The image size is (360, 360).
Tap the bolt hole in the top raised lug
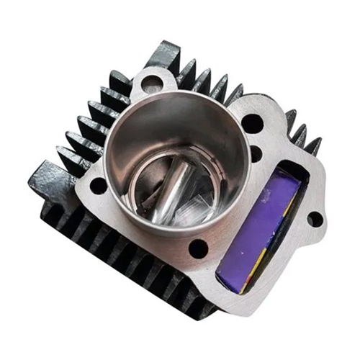[150, 84]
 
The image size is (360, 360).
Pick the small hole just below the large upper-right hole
[255, 153]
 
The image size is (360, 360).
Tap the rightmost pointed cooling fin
[313, 146]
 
